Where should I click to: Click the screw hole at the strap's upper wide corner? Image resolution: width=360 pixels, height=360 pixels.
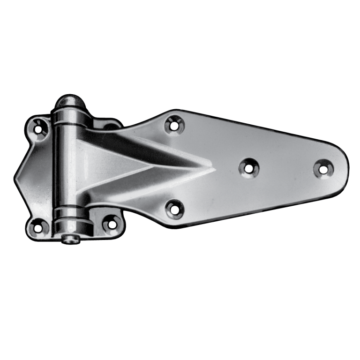tap(174, 125)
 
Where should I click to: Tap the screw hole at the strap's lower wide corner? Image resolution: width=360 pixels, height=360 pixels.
tap(174, 208)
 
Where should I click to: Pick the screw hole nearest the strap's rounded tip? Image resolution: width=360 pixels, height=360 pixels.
tap(322, 168)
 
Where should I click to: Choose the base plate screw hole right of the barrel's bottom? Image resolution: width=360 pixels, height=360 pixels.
tap(111, 223)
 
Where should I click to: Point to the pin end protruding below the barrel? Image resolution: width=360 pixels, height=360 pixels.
tap(71, 239)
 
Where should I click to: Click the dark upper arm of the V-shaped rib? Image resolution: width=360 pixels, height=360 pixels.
tap(141, 145)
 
